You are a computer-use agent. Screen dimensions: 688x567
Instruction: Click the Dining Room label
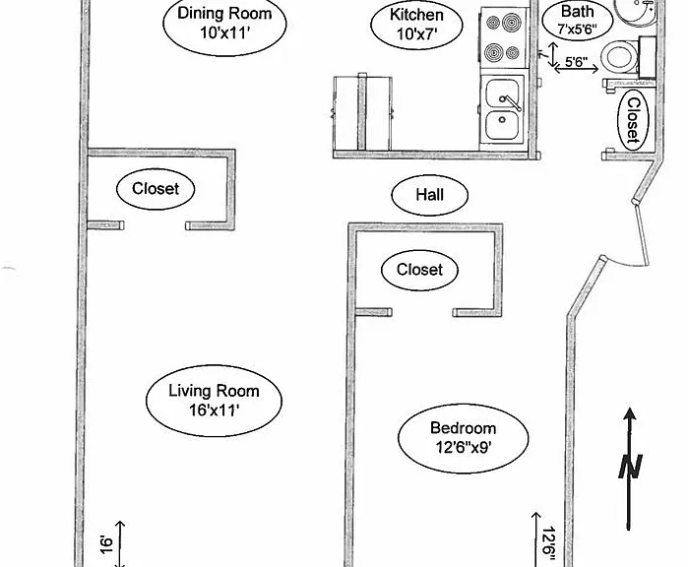[224, 23]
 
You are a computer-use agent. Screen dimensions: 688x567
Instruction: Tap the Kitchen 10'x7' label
[416, 25]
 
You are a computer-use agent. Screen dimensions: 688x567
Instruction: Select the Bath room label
[578, 20]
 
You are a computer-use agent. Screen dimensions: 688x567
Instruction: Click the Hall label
[429, 194]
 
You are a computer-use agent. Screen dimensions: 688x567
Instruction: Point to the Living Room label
[214, 401]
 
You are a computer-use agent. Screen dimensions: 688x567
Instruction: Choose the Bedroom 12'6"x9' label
[464, 438]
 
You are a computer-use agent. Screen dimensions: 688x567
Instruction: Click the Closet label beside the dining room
[156, 189]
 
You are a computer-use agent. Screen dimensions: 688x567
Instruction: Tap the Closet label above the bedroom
[419, 270]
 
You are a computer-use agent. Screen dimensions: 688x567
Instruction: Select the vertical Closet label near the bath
[633, 120]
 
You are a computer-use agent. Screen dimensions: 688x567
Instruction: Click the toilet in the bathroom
[619, 57]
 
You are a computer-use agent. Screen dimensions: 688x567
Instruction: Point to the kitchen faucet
[509, 102]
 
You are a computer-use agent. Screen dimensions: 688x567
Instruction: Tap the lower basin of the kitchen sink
[502, 126]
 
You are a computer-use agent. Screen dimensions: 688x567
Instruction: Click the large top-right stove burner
[512, 23]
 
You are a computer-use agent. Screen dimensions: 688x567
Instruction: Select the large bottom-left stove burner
[494, 52]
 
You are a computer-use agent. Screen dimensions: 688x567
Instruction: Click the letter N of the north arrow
[631, 466]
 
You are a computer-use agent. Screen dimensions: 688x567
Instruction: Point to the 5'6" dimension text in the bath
[576, 62]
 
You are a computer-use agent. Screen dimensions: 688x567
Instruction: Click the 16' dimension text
[107, 544]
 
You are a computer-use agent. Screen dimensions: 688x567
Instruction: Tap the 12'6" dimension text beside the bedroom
[549, 543]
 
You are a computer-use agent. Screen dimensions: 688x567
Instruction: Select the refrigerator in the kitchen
[362, 113]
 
